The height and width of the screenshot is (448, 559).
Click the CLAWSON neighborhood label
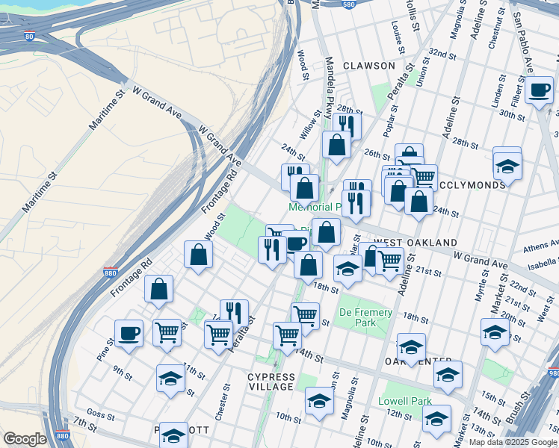(368, 66)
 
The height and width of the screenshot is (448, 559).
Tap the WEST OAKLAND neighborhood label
(415, 243)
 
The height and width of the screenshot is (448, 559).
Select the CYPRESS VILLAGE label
(271, 382)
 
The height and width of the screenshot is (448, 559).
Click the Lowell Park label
(406, 401)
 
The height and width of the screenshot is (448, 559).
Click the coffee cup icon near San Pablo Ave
(538, 90)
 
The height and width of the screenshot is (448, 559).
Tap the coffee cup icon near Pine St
(129, 333)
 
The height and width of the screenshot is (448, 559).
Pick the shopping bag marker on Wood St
(198, 255)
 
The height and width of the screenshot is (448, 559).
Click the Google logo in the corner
(25, 439)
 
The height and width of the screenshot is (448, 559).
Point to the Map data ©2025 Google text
(512, 442)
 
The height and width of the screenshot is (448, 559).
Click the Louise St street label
(398, 33)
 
